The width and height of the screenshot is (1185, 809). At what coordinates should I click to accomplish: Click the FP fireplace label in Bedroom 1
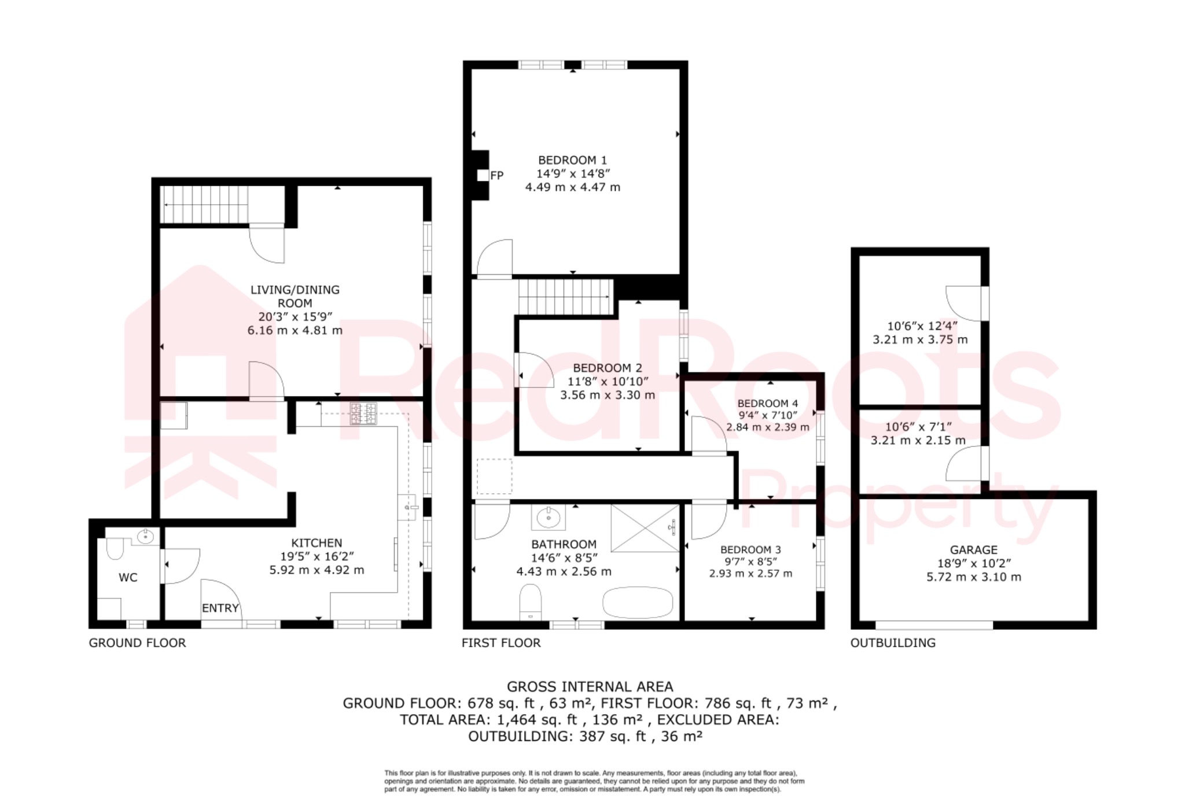[x=496, y=175]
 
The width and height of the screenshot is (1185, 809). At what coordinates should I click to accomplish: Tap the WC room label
[x=128, y=577]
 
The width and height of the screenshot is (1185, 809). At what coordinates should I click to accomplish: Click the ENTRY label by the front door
[x=220, y=608]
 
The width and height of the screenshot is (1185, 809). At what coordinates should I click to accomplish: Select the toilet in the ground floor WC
[x=115, y=548]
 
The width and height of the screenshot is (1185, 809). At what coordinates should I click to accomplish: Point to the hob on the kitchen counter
[x=363, y=413]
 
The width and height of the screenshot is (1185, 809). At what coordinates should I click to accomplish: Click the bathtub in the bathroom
[x=638, y=603]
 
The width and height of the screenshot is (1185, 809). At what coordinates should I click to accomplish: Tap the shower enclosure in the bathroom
[x=645, y=528]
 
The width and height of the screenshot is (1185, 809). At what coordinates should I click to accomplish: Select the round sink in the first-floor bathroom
[x=547, y=517]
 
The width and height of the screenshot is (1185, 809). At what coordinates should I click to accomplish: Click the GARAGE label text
[x=973, y=549]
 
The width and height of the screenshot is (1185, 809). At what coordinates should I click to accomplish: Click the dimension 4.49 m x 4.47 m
[x=572, y=187]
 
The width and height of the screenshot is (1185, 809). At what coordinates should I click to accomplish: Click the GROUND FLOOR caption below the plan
[x=137, y=642]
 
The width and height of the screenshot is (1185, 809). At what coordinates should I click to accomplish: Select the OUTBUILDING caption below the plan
[x=892, y=642]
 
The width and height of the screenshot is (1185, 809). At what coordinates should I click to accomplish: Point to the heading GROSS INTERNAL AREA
[x=590, y=686]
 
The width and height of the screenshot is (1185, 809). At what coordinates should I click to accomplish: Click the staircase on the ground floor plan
[x=204, y=204]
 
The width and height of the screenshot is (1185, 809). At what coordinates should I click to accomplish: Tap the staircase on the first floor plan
[x=565, y=297]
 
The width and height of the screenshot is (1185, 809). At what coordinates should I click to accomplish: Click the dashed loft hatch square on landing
[x=494, y=476]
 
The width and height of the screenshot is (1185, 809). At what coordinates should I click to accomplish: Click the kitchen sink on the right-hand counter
[x=407, y=507]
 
